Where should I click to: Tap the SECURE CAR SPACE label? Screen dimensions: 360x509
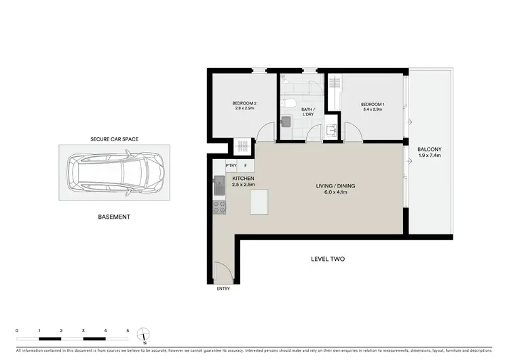[114, 139]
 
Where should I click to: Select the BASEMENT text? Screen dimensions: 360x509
[114, 217]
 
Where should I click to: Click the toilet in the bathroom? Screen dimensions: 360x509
[290, 102]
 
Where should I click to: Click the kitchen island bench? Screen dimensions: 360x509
[260, 202]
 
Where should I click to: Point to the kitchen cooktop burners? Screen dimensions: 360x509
[219, 207]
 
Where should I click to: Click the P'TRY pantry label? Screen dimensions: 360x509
[231, 164]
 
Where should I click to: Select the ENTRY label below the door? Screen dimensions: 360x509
[223, 289]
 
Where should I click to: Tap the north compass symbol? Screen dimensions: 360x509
[143, 334]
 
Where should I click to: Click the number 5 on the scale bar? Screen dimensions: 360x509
[128, 330]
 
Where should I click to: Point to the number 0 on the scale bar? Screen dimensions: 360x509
[17, 330]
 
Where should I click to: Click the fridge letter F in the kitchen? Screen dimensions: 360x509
[246, 164]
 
